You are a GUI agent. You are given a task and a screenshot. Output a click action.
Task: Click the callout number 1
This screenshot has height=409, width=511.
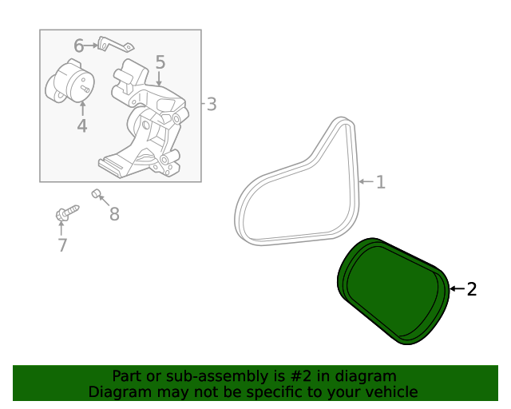[x=381, y=182]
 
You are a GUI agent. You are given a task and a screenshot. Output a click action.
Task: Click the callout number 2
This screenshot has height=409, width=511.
[x=471, y=289]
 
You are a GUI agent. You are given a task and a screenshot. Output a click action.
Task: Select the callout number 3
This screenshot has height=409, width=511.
[x=212, y=104]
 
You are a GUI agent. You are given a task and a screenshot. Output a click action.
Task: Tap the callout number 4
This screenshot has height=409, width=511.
[x=82, y=125]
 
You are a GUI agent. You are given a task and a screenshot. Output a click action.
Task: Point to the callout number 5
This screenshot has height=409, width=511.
[x=160, y=62]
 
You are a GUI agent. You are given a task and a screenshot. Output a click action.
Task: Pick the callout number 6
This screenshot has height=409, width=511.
[x=79, y=46]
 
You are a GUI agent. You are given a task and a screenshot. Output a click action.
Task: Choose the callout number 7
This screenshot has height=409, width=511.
[x=62, y=245]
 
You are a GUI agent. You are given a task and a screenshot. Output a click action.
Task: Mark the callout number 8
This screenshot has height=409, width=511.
[x=114, y=213]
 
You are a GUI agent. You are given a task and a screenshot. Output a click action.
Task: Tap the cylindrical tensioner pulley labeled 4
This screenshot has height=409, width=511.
[x=69, y=84]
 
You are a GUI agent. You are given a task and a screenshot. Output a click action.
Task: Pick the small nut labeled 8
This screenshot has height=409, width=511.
[x=95, y=193]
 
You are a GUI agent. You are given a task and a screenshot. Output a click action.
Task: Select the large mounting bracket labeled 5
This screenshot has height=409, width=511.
[x=148, y=120]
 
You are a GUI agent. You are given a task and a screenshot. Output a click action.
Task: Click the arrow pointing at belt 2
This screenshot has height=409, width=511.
[x=456, y=288]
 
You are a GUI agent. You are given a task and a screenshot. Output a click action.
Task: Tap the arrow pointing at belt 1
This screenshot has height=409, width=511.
[x=366, y=182]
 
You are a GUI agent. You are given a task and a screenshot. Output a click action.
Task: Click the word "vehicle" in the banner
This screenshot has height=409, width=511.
[x=389, y=392]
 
